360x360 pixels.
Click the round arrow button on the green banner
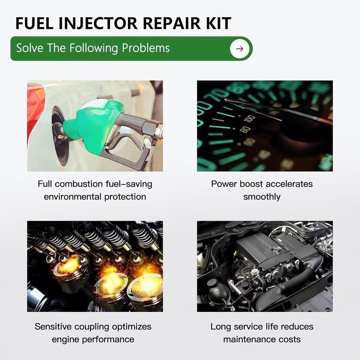pos(239,49)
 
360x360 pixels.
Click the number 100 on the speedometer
pos(250,119)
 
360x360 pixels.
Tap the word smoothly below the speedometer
pos(262,197)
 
